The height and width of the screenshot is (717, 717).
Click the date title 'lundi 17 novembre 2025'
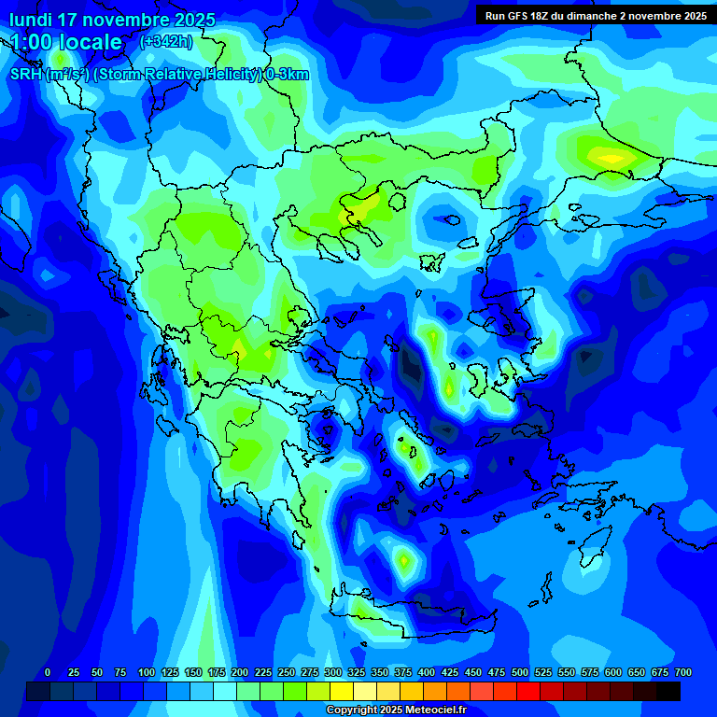[x=112, y=19]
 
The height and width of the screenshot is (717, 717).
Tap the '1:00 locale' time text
[x=66, y=42]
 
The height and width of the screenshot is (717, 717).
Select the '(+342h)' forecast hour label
[x=166, y=41]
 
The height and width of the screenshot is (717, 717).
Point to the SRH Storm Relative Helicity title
[x=159, y=75]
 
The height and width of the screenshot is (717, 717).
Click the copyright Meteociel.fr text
[x=396, y=710]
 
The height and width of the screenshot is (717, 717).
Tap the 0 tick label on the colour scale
[x=48, y=672]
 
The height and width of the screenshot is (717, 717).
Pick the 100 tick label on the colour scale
[x=147, y=672]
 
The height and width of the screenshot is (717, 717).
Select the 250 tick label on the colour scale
[x=287, y=672]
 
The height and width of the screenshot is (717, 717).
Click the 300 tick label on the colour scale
[x=333, y=672]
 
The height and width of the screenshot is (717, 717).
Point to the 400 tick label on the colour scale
[x=427, y=672]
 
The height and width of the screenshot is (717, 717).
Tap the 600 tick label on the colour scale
[x=613, y=672]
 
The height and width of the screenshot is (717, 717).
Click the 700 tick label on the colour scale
[x=683, y=672]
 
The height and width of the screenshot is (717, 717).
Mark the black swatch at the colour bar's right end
[x=668, y=692]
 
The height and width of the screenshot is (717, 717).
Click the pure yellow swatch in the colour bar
[x=342, y=692]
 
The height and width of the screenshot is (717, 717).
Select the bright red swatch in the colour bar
[x=528, y=692]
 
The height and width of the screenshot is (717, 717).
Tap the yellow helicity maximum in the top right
[x=612, y=158]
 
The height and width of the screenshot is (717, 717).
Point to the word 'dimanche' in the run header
[x=593, y=15]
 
